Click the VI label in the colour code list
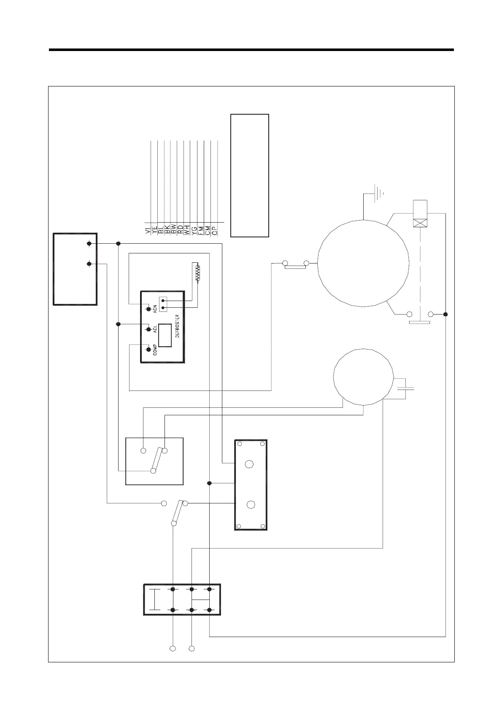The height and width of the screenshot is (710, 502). (148, 229)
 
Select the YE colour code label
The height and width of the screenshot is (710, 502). (154, 229)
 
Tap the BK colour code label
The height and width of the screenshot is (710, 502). (167, 229)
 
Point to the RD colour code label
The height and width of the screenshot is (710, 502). (181, 229)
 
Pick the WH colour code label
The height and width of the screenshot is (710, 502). (187, 229)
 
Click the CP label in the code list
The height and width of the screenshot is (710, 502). (215, 229)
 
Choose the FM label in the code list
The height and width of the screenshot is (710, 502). (201, 229)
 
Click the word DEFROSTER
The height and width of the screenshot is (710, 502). (177, 326)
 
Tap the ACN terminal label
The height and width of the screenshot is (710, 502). (155, 309)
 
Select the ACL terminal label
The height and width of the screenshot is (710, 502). (155, 329)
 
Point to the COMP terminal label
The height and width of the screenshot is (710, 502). (155, 350)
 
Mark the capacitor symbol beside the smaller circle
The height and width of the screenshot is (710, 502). (405, 389)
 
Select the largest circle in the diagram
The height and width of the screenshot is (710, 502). (363, 263)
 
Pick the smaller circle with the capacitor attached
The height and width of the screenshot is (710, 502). (363, 377)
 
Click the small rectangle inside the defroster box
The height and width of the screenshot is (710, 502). (165, 335)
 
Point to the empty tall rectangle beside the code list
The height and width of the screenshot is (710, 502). (250, 175)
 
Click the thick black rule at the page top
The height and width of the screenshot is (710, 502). (251, 50)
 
